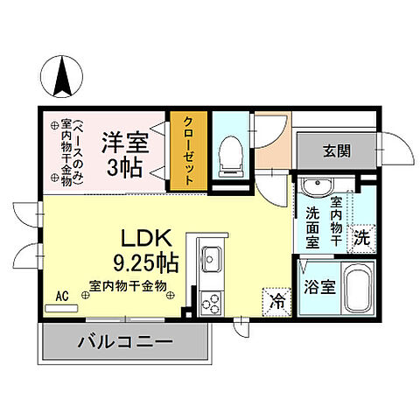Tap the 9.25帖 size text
click(x=146, y=261)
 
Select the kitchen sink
click(x=213, y=259)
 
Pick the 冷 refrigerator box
click(x=276, y=303)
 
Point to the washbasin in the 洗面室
click(x=314, y=186)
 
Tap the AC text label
click(x=62, y=295)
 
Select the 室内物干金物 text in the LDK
click(x=128, y=284)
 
